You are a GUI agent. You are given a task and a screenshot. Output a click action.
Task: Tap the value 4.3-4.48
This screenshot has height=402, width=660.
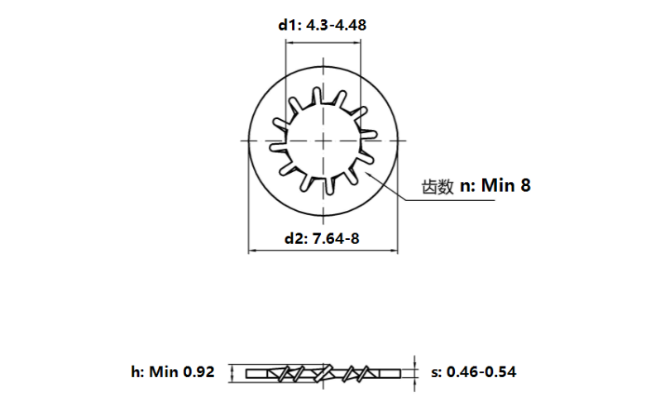(x=337, y=25)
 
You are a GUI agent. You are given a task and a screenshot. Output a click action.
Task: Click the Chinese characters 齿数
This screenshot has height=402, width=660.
(x=438, y=187)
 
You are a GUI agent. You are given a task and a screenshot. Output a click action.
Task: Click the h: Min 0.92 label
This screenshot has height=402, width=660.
(x=172, y=372)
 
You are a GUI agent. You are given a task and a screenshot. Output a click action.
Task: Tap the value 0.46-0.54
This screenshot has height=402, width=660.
(x=481, y=372)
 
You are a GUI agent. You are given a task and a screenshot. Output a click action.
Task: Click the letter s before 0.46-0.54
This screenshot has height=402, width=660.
(x=435, y=372)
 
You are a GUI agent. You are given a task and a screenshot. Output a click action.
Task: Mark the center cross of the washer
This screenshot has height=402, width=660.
(x=323, y=141)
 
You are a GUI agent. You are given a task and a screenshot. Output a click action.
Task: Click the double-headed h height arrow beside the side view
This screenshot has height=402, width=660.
(x=232, y=372)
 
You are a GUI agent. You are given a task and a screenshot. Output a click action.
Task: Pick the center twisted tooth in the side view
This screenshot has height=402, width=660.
(x=323, y=372)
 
